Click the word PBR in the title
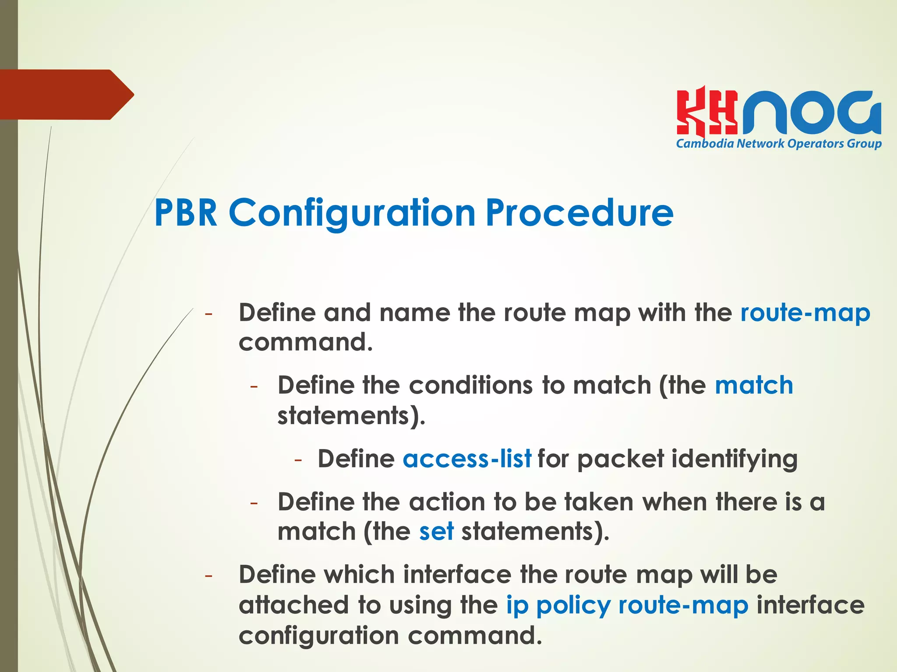tap(186, 213)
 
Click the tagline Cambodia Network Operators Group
tap(779, 144)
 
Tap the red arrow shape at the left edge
tap(66, 95)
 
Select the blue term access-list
tap(467, 459)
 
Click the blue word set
tap(436, 531)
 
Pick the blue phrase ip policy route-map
tap(627, 605)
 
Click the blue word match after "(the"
tap(754, 386)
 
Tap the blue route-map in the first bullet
tap(805, 313)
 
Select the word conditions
tap(471, 386)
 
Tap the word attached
tap(294, 605)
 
